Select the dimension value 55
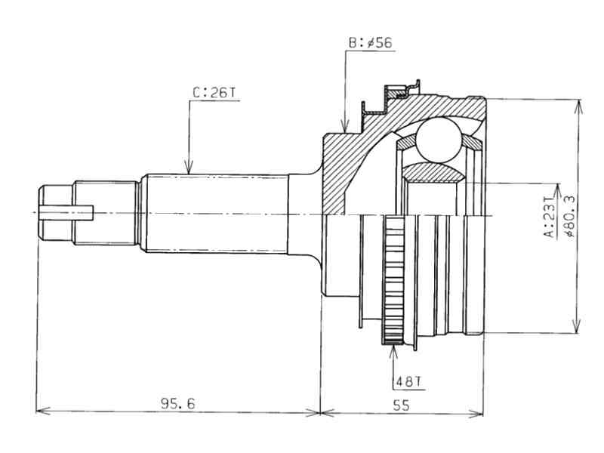(401, 405)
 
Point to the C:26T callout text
(214, 93)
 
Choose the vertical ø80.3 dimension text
(570, 216)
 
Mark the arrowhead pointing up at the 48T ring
(393, 349)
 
